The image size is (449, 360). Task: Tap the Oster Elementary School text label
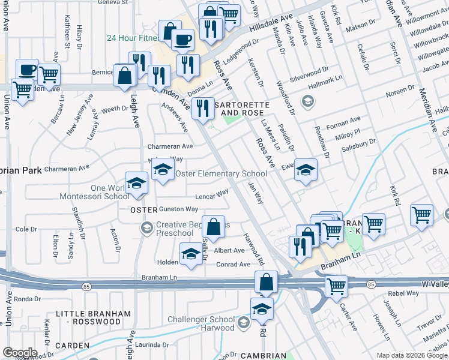point(220,174)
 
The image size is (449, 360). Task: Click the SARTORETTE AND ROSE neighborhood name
point(243,108)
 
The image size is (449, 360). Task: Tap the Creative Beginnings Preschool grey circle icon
point(146,227)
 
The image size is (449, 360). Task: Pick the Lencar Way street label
point(212,194)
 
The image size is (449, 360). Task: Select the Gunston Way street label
point(178,209)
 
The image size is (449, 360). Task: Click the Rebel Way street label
point(403,293)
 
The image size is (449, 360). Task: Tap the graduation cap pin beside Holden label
point(191,254)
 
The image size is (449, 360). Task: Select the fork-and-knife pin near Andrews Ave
point(203,109)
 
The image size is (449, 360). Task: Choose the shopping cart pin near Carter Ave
point(336,286)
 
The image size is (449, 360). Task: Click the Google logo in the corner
point(20,353)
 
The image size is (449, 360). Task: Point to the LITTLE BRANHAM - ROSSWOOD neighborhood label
point(92,317)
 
